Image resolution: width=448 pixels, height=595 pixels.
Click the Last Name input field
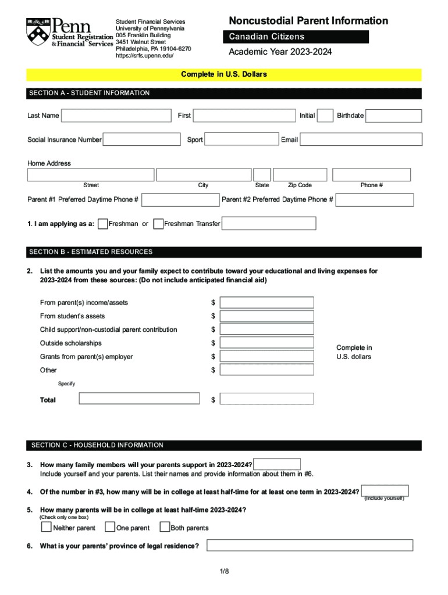[116, 116]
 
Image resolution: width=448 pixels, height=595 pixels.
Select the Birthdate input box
[393, 116]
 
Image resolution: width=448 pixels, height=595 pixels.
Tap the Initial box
[326, 116]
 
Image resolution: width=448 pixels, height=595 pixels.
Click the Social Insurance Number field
[141, 139]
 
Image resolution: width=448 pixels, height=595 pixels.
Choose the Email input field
[361, 139]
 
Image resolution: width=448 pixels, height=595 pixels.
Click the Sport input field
[241, 139]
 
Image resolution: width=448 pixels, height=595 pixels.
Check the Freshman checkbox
[102, 224]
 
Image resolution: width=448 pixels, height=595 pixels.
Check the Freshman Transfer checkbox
[158, 224]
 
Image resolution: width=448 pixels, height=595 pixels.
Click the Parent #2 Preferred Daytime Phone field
[375, 200]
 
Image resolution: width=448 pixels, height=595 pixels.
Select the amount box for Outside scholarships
[266, 343]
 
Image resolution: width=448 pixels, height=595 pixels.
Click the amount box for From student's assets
[266, 316]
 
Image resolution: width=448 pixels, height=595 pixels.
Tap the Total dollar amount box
[266, 399]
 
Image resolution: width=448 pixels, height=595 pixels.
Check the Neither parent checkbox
[46, 527]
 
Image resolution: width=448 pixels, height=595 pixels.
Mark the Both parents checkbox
[164, 527]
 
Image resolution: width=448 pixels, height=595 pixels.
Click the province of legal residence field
[310, 546]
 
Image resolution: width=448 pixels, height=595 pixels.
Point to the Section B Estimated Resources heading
[91, 252]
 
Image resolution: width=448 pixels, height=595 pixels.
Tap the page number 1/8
[225, 572]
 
